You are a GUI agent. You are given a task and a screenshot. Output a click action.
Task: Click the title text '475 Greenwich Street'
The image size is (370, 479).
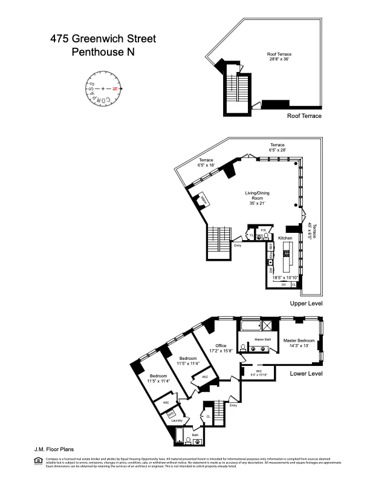coord(103,39)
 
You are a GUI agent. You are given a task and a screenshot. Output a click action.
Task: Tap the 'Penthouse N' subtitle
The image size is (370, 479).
coord(103,52)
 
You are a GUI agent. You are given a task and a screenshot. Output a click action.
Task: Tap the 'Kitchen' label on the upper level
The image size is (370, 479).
coord(285,239)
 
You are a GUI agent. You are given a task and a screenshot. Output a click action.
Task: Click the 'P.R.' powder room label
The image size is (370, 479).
coord(264,230)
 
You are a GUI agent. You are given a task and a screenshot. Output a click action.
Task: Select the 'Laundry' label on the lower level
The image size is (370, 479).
coord(177,420)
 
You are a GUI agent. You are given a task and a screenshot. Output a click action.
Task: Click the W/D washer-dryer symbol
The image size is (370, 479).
coord(171,414)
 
